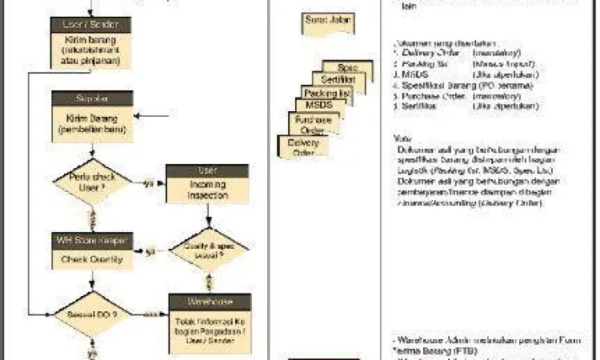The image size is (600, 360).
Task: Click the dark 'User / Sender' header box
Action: [90, 24]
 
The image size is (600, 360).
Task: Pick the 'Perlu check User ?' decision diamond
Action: [90, 183]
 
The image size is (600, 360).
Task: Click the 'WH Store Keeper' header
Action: [90, 239]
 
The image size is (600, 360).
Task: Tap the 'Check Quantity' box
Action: [90, 258]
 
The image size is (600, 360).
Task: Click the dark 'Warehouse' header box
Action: [208, 302]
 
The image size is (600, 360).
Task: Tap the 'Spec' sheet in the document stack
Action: [347, 68]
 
